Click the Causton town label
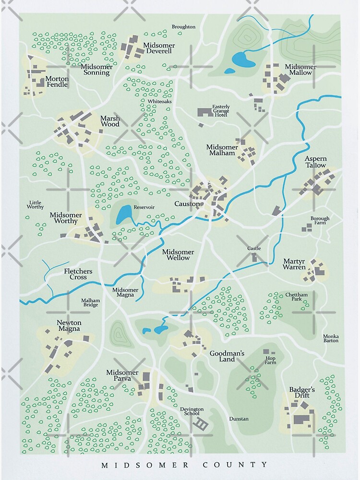187,204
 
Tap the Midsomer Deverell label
159,48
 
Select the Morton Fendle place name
57,82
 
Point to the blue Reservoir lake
123,215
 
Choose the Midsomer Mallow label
300,70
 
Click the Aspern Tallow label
315,162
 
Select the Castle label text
254,248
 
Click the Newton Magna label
69,326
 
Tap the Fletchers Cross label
75,274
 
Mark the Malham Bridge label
90,302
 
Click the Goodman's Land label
227,356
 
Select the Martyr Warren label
294,264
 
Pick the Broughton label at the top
183,27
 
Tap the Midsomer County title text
184,464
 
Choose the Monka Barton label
330,338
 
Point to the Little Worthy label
36,204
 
